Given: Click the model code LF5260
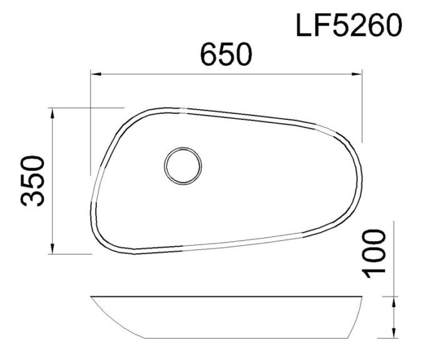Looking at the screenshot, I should [x=349, y=26].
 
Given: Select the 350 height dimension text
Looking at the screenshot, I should [x=32, y=181].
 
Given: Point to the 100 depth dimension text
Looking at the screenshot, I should [x=374, y=252].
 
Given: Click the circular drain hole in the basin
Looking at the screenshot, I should [x=183, y=166].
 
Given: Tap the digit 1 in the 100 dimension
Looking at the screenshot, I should [x=374, y=271].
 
